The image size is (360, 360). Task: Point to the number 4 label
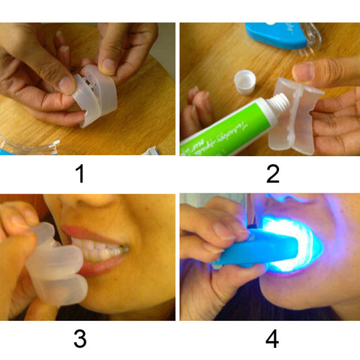point(271,339)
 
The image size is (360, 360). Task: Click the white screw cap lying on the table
point(245,78)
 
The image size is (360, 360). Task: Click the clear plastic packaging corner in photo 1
point(22,146)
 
